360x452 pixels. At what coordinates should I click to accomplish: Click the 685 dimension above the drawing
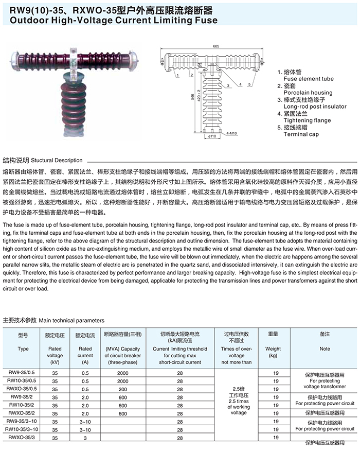tap(216, 47)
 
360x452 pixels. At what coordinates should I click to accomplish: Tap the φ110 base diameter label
tap(211, 136)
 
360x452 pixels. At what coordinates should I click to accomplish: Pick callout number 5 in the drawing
tap(250, 83)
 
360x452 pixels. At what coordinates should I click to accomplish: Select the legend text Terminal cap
tap(301, 134)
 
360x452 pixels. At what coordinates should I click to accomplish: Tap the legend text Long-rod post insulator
tap(315, 107)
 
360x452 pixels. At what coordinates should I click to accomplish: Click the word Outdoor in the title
tap(22, 21)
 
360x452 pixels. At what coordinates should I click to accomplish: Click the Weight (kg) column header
tap(273, 352)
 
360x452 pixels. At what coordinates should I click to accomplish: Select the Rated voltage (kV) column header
tap(55, 355)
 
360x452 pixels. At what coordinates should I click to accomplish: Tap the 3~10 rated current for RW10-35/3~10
tap(85, 429)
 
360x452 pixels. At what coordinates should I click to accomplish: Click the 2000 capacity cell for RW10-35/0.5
tap(122, 381)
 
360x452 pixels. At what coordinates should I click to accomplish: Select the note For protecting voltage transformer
tap(325, 384)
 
